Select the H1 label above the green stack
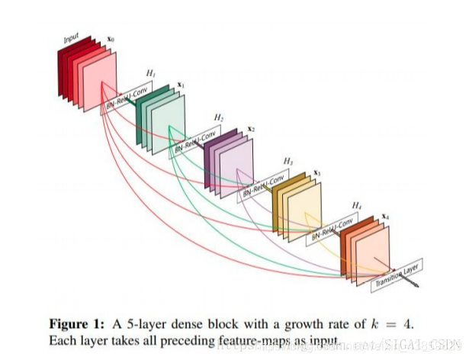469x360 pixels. [151, 73]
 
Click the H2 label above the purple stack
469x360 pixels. [219, 117]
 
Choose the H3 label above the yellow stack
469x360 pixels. [288, 162]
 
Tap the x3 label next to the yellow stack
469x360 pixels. [316, 172]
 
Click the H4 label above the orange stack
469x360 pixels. [356, 206]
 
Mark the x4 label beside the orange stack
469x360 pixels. [385, 217]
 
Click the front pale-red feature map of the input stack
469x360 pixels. [100, 84]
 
